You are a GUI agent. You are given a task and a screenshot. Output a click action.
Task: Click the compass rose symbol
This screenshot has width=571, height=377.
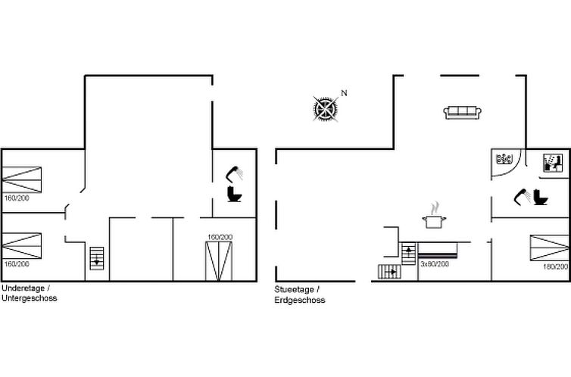tap(325, 108)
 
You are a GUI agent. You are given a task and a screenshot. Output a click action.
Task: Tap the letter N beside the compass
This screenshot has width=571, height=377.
tap(344, 93)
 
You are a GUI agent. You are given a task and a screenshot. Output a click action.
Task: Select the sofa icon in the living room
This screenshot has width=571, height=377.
tap(463, 113)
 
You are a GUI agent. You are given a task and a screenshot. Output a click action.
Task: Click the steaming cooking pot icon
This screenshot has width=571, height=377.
tap(434, 216)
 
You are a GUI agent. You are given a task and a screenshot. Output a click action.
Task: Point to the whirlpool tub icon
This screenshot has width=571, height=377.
tap(504, 159)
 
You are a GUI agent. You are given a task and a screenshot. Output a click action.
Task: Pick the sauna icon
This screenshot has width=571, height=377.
tap(552, 163)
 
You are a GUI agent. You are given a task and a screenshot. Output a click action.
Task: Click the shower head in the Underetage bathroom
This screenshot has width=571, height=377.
tap(234, 173)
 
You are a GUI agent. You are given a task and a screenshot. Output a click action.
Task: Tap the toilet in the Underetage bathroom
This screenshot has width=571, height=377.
tap(234, 194)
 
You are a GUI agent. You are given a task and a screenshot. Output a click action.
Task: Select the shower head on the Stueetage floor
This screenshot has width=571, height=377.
tap(523, 197)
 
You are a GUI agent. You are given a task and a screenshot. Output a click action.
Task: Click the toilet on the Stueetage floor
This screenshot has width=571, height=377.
tap(541, 197)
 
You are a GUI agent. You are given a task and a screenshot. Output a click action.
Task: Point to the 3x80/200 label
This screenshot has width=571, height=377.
tap(435, 264)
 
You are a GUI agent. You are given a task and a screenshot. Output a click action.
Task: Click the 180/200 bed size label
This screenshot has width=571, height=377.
tap(555, 266)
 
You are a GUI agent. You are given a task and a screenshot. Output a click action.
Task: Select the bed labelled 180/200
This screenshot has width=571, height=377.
tap(549, 248)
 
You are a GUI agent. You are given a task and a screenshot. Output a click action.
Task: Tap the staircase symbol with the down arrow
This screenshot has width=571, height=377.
tap(96, 258)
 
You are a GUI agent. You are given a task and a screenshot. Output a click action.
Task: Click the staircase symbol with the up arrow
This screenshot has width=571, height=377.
tap(408, 254)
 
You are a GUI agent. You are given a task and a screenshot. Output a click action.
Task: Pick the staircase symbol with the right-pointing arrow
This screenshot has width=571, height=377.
tap(389, 272)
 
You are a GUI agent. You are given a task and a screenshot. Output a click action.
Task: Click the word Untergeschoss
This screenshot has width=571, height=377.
tap(29, 298)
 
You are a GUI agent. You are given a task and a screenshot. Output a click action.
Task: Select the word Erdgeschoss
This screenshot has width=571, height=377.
tap(300, 300)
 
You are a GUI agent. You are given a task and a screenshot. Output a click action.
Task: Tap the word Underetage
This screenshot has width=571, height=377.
tap(23, 288)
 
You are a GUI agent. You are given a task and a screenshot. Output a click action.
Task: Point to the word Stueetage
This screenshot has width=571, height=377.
tap(295, 290)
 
